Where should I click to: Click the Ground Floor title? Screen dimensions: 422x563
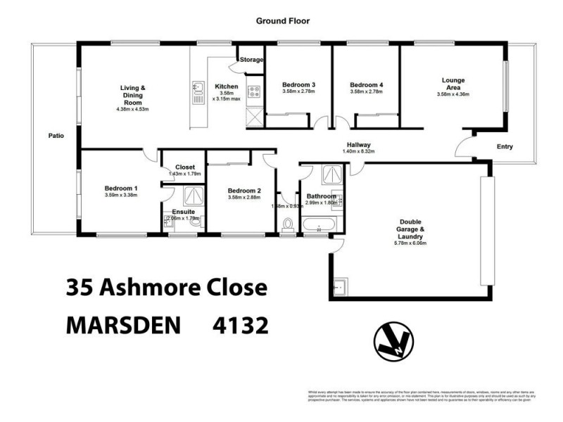click(281, 22)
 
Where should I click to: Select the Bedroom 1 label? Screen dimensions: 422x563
click(121, 188)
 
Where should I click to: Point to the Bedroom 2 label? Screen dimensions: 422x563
click(244, 191)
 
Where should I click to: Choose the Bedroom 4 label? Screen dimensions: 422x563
click(367, 85)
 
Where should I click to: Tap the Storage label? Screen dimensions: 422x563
click(251, 60)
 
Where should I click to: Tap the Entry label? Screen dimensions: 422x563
click(504, 147)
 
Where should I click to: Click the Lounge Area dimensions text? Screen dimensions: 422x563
click(453, 94)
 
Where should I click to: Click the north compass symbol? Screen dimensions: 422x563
click(393, 345)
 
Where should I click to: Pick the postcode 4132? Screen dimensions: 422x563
click(241, 325)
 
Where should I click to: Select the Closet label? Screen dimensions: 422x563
click(184, 167)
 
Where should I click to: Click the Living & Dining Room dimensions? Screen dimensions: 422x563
click(132, 109)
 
